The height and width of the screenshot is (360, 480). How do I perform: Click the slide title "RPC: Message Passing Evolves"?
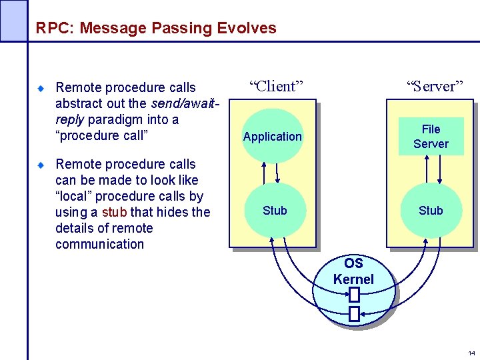tap(156, 28)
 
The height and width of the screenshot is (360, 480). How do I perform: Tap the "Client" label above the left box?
tap(276, 86)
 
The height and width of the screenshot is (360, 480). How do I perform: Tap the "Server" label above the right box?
tap(435, 86)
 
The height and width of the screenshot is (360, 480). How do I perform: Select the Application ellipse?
tap(272, 137)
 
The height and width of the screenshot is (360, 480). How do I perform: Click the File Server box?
tap(431, 136)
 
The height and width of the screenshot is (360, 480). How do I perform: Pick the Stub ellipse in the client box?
tap(274, 211)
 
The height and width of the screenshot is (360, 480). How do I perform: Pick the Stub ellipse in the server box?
tap(431, 211)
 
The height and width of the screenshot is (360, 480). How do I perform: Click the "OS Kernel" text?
tap(353, 271)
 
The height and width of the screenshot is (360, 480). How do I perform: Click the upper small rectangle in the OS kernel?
tap(354, 295)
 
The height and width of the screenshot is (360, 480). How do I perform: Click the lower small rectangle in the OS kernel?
tap(354, 313)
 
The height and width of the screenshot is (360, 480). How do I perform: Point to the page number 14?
tap(471, 353)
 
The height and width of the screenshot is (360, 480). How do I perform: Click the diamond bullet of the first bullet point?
tap(40, 88)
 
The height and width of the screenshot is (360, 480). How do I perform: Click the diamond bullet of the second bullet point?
tap(40, 165)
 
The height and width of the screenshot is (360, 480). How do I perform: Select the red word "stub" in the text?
tap(114, 212)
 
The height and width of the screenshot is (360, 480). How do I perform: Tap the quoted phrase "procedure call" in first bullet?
tap(101, 135)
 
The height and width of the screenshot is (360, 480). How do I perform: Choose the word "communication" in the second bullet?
tap(99, 244)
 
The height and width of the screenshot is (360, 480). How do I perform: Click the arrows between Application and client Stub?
tap(272, 173)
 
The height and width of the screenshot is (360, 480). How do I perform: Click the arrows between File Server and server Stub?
tap(431, 171)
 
